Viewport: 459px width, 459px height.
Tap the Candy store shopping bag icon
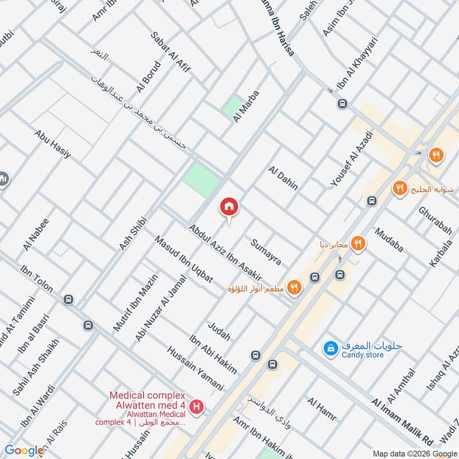[x=330, y=348]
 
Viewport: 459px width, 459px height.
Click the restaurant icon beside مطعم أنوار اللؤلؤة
[x=294, y=287]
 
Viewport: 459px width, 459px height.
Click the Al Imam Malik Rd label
[x=402, y=423]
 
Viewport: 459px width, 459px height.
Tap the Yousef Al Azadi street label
[x=352, y=158]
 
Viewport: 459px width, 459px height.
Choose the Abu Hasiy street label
[x=52, y=144]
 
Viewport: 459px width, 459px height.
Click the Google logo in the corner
[x=24, y=450]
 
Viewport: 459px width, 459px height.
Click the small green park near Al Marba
[x=234, y=106]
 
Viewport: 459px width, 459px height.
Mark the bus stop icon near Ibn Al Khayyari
[x=342, y=104]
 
